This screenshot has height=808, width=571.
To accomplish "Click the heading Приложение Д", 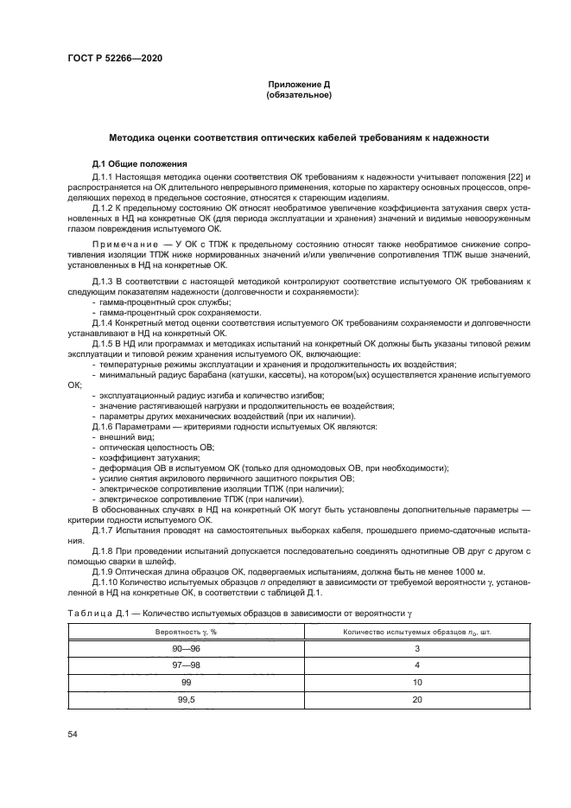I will [x=299, y=85].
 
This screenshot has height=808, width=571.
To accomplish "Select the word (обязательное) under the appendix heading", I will [x=299, y=95].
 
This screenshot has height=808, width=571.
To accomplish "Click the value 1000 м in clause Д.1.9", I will [x=461, y=572].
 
